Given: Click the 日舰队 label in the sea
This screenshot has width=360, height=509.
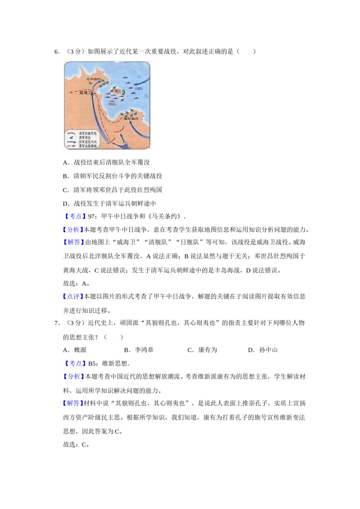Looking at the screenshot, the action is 139,88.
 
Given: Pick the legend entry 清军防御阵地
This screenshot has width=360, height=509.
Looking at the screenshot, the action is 88,133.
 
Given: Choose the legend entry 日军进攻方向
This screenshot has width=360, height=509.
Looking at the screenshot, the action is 88,142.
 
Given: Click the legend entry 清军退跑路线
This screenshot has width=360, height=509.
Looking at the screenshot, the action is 88,146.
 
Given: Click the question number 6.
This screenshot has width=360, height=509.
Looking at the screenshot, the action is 56,52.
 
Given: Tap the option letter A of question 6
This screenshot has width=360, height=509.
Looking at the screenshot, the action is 65,162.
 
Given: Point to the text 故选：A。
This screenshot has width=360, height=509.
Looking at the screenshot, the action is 76,283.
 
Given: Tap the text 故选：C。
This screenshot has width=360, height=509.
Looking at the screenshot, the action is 76,445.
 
